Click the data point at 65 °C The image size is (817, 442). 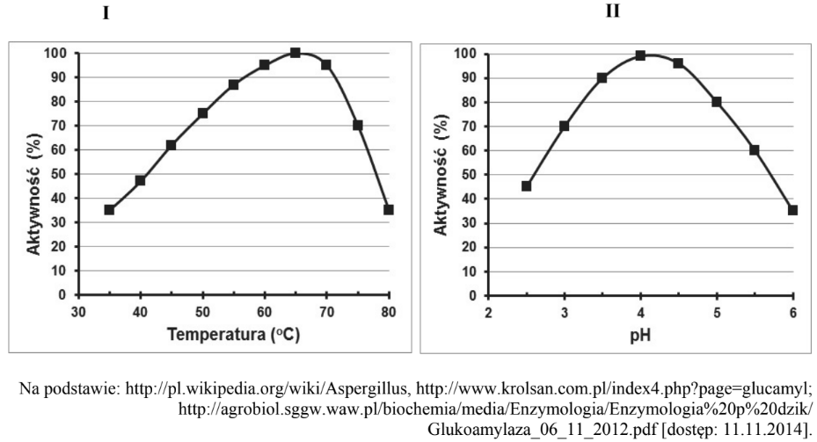295,53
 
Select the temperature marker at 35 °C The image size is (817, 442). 109,210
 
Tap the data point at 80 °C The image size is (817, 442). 388,210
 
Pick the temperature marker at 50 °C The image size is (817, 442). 202,113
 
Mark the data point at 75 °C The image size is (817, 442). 357,126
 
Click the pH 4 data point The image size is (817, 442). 640,55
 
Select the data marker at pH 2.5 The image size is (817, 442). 526,186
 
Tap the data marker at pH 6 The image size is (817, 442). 792,210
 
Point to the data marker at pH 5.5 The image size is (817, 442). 755,150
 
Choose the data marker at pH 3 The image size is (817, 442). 565,126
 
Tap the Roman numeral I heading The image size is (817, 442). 106,15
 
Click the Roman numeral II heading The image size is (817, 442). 613,12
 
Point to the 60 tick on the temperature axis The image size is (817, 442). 264,314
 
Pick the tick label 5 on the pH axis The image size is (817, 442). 716,314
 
